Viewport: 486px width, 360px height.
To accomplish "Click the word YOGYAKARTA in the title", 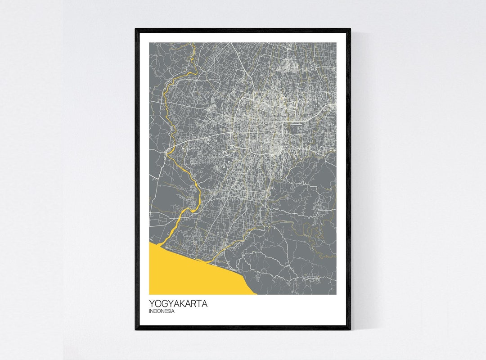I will (x=178, y=304).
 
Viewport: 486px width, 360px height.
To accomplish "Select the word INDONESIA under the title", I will (x=162, y=311).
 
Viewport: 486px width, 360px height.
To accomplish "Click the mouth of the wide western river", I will (x=162, y=243).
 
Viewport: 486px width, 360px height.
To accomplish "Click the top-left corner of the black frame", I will (x=136, y=29).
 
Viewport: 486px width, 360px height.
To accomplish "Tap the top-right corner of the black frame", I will (x=350, y=29).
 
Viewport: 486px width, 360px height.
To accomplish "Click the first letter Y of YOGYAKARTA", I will (x=152, y=304).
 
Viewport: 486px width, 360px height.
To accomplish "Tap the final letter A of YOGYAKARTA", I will (x=205, y=304).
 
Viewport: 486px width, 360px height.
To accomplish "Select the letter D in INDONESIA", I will (x=156, y=311).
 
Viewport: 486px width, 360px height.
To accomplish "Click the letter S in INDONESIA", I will (x=170, y=311).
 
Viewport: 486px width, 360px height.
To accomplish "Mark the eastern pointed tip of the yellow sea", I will (x=256, y=294).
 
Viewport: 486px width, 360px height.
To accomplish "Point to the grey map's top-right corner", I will (x=336, y=43).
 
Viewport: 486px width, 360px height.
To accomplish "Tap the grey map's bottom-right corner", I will (x=336, y=294).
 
